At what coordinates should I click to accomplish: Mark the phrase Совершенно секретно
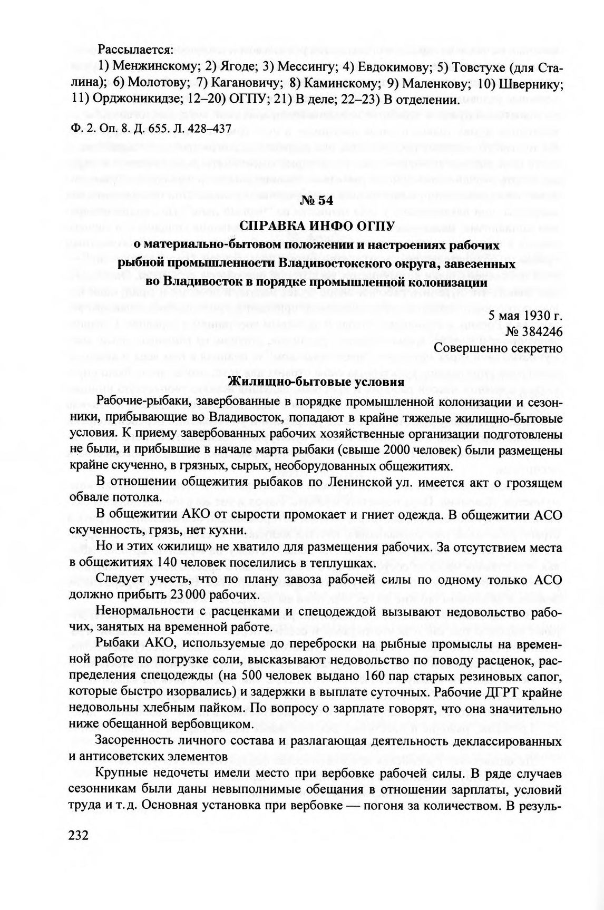(x=498, y=347)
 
